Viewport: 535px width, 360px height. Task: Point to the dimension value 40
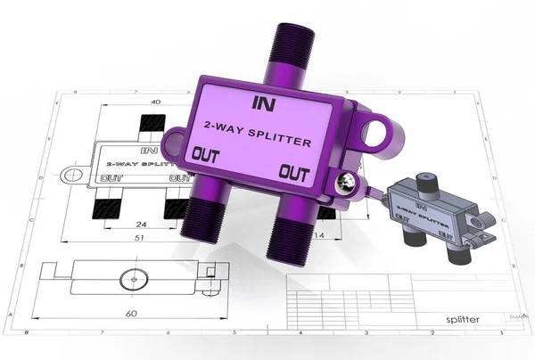click(156, 102)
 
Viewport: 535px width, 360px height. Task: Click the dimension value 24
click(142, 225)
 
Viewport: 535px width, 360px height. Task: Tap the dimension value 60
click(131, 313)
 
